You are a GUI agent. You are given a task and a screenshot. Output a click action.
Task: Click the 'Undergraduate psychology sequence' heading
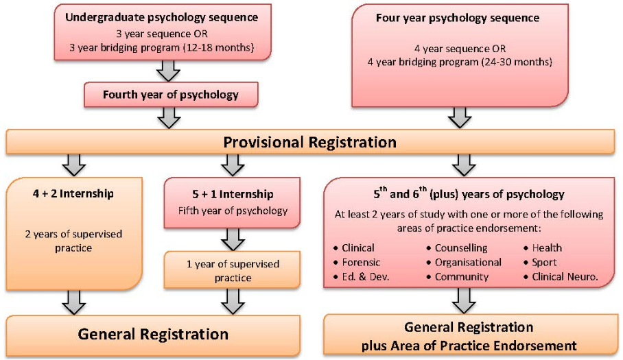[162, 16]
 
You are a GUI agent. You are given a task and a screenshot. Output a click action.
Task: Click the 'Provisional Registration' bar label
[310, 142]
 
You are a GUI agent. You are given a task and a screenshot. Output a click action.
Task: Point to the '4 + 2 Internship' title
[75, 193]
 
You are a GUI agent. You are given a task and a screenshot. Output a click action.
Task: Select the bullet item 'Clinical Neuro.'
[565, 277]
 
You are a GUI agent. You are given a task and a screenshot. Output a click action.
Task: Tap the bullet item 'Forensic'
[361, 262]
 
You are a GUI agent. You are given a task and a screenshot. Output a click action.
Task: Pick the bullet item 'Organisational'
[467, 262]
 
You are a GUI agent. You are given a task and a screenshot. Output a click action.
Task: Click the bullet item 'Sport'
[544, 262]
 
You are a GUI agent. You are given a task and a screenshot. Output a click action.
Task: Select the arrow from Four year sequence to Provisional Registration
[460, 117]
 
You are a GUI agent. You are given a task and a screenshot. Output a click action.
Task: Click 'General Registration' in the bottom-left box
[153, 335]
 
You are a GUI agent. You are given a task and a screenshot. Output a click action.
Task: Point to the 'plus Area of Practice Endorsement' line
[469, 345]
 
